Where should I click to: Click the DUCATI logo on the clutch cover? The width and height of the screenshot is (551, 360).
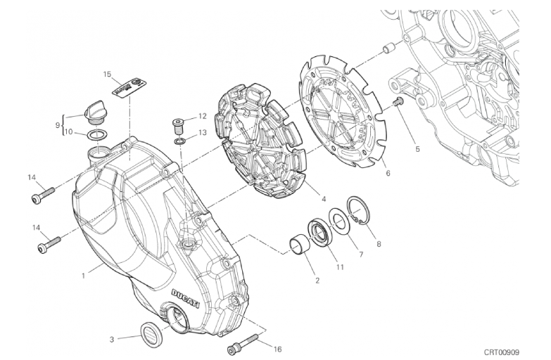coord(185,298)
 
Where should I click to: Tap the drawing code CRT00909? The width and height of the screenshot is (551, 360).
coord(502,352)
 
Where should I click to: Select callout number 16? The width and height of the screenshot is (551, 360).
coord(277,349)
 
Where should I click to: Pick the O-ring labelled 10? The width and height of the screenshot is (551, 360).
coord(96,134)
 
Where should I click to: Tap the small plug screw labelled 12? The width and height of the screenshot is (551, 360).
coord(178,126)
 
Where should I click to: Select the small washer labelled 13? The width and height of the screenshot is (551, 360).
coord(180,141)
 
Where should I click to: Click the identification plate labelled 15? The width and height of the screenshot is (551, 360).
coord(129,87)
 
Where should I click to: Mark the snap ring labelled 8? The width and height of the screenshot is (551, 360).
coord(357,212)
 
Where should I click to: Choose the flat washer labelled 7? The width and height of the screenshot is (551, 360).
coord(338,222)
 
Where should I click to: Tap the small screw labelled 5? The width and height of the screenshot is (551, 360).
coord(398,103)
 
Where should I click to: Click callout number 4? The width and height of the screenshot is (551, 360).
coord(324,199)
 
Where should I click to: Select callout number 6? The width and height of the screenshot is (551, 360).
coord(388,173)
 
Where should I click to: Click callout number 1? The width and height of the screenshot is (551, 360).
coord(83,276)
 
